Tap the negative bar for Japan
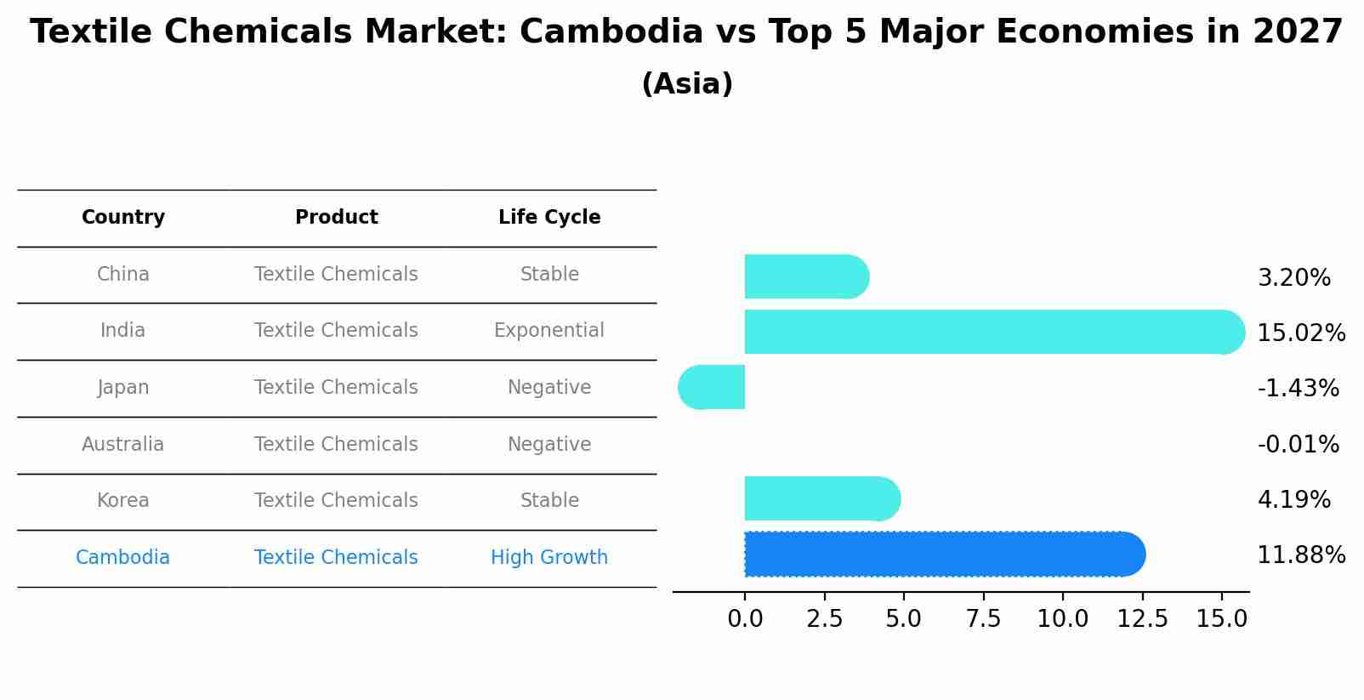pos(713,387)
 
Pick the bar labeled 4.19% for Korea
pos(821,498)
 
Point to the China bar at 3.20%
pos(804,276)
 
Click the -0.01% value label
pos(1298,444)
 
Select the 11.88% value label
pos(1300,555)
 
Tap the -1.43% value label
pos(1298,388)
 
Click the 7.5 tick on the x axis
pos(983,619)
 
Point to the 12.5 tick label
pos(1142,619)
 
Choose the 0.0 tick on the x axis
pos(745,619)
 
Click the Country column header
pos(123,218)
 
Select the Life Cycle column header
pos(549,218)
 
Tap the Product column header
pos(336,218)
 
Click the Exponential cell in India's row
pos(549,331)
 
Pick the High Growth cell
pos(549,558)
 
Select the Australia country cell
pos(123,444)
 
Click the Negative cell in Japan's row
pos(549,388)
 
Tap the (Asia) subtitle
pos(687,84)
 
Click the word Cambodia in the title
pos(611,32)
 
